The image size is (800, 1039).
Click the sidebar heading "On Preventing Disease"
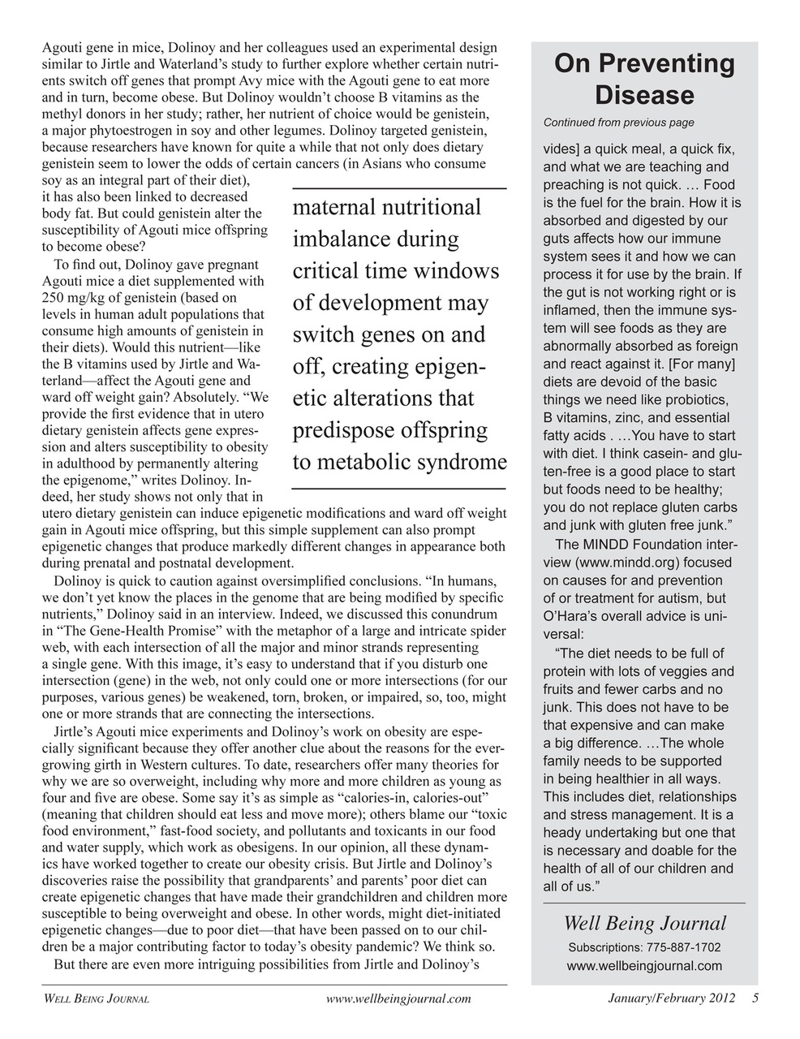[644, 79]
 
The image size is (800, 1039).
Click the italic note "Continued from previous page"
[618, 123]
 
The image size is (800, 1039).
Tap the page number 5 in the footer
[755, 998]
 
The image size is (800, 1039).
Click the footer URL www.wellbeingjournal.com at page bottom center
[398, 999]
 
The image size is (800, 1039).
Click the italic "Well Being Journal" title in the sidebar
[644, 923]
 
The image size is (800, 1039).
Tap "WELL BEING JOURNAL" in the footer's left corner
[95, 999]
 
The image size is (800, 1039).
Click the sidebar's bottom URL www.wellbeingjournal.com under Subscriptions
[644, 965]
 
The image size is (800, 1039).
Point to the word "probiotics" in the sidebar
[692, 400]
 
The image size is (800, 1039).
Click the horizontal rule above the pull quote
[398, 188]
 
